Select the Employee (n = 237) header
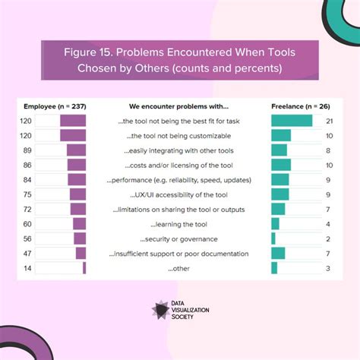tap(54, 106)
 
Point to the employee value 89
tap(28, 150)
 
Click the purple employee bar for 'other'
tap(84, 268)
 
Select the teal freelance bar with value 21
tap(292, 121)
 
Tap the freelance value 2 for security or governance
tap(327, 238)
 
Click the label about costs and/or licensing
tap(179, 165)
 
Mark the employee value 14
tap(28, 268)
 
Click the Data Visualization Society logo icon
tap(161, 310)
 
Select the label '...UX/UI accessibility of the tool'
tap(179, 194)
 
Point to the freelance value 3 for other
tap(327, 268)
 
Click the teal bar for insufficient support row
tap(278, 254)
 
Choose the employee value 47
tap(28, 254)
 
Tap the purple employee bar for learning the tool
tap(80, 224)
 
